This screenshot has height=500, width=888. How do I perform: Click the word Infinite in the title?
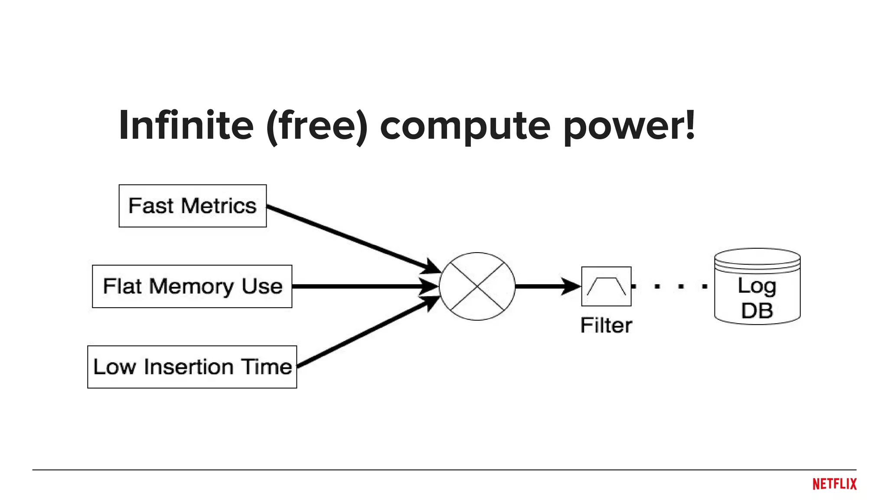[x=186, y=125]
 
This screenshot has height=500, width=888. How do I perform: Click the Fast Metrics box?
[x=193, y=206]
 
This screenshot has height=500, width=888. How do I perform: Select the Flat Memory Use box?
[x=192, y=286]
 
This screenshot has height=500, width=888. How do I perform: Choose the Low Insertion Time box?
[x=192, y=367]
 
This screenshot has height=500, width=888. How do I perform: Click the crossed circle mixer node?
[x=477, y=286]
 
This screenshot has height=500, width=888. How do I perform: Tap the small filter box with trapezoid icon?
[x=606, y=286]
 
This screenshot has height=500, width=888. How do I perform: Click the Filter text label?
[x=606, y=326]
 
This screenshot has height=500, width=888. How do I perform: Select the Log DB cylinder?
[x=757, y=286]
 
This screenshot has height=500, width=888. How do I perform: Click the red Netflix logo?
[x=834, y=484]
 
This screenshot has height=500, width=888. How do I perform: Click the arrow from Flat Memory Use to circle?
[x=360, y=286]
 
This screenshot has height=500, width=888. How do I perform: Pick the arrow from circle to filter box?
[x=546, y=286]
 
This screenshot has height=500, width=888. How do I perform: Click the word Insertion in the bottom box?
[x=189, y=367]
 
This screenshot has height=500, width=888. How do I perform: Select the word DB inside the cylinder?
[x=757, y=311]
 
